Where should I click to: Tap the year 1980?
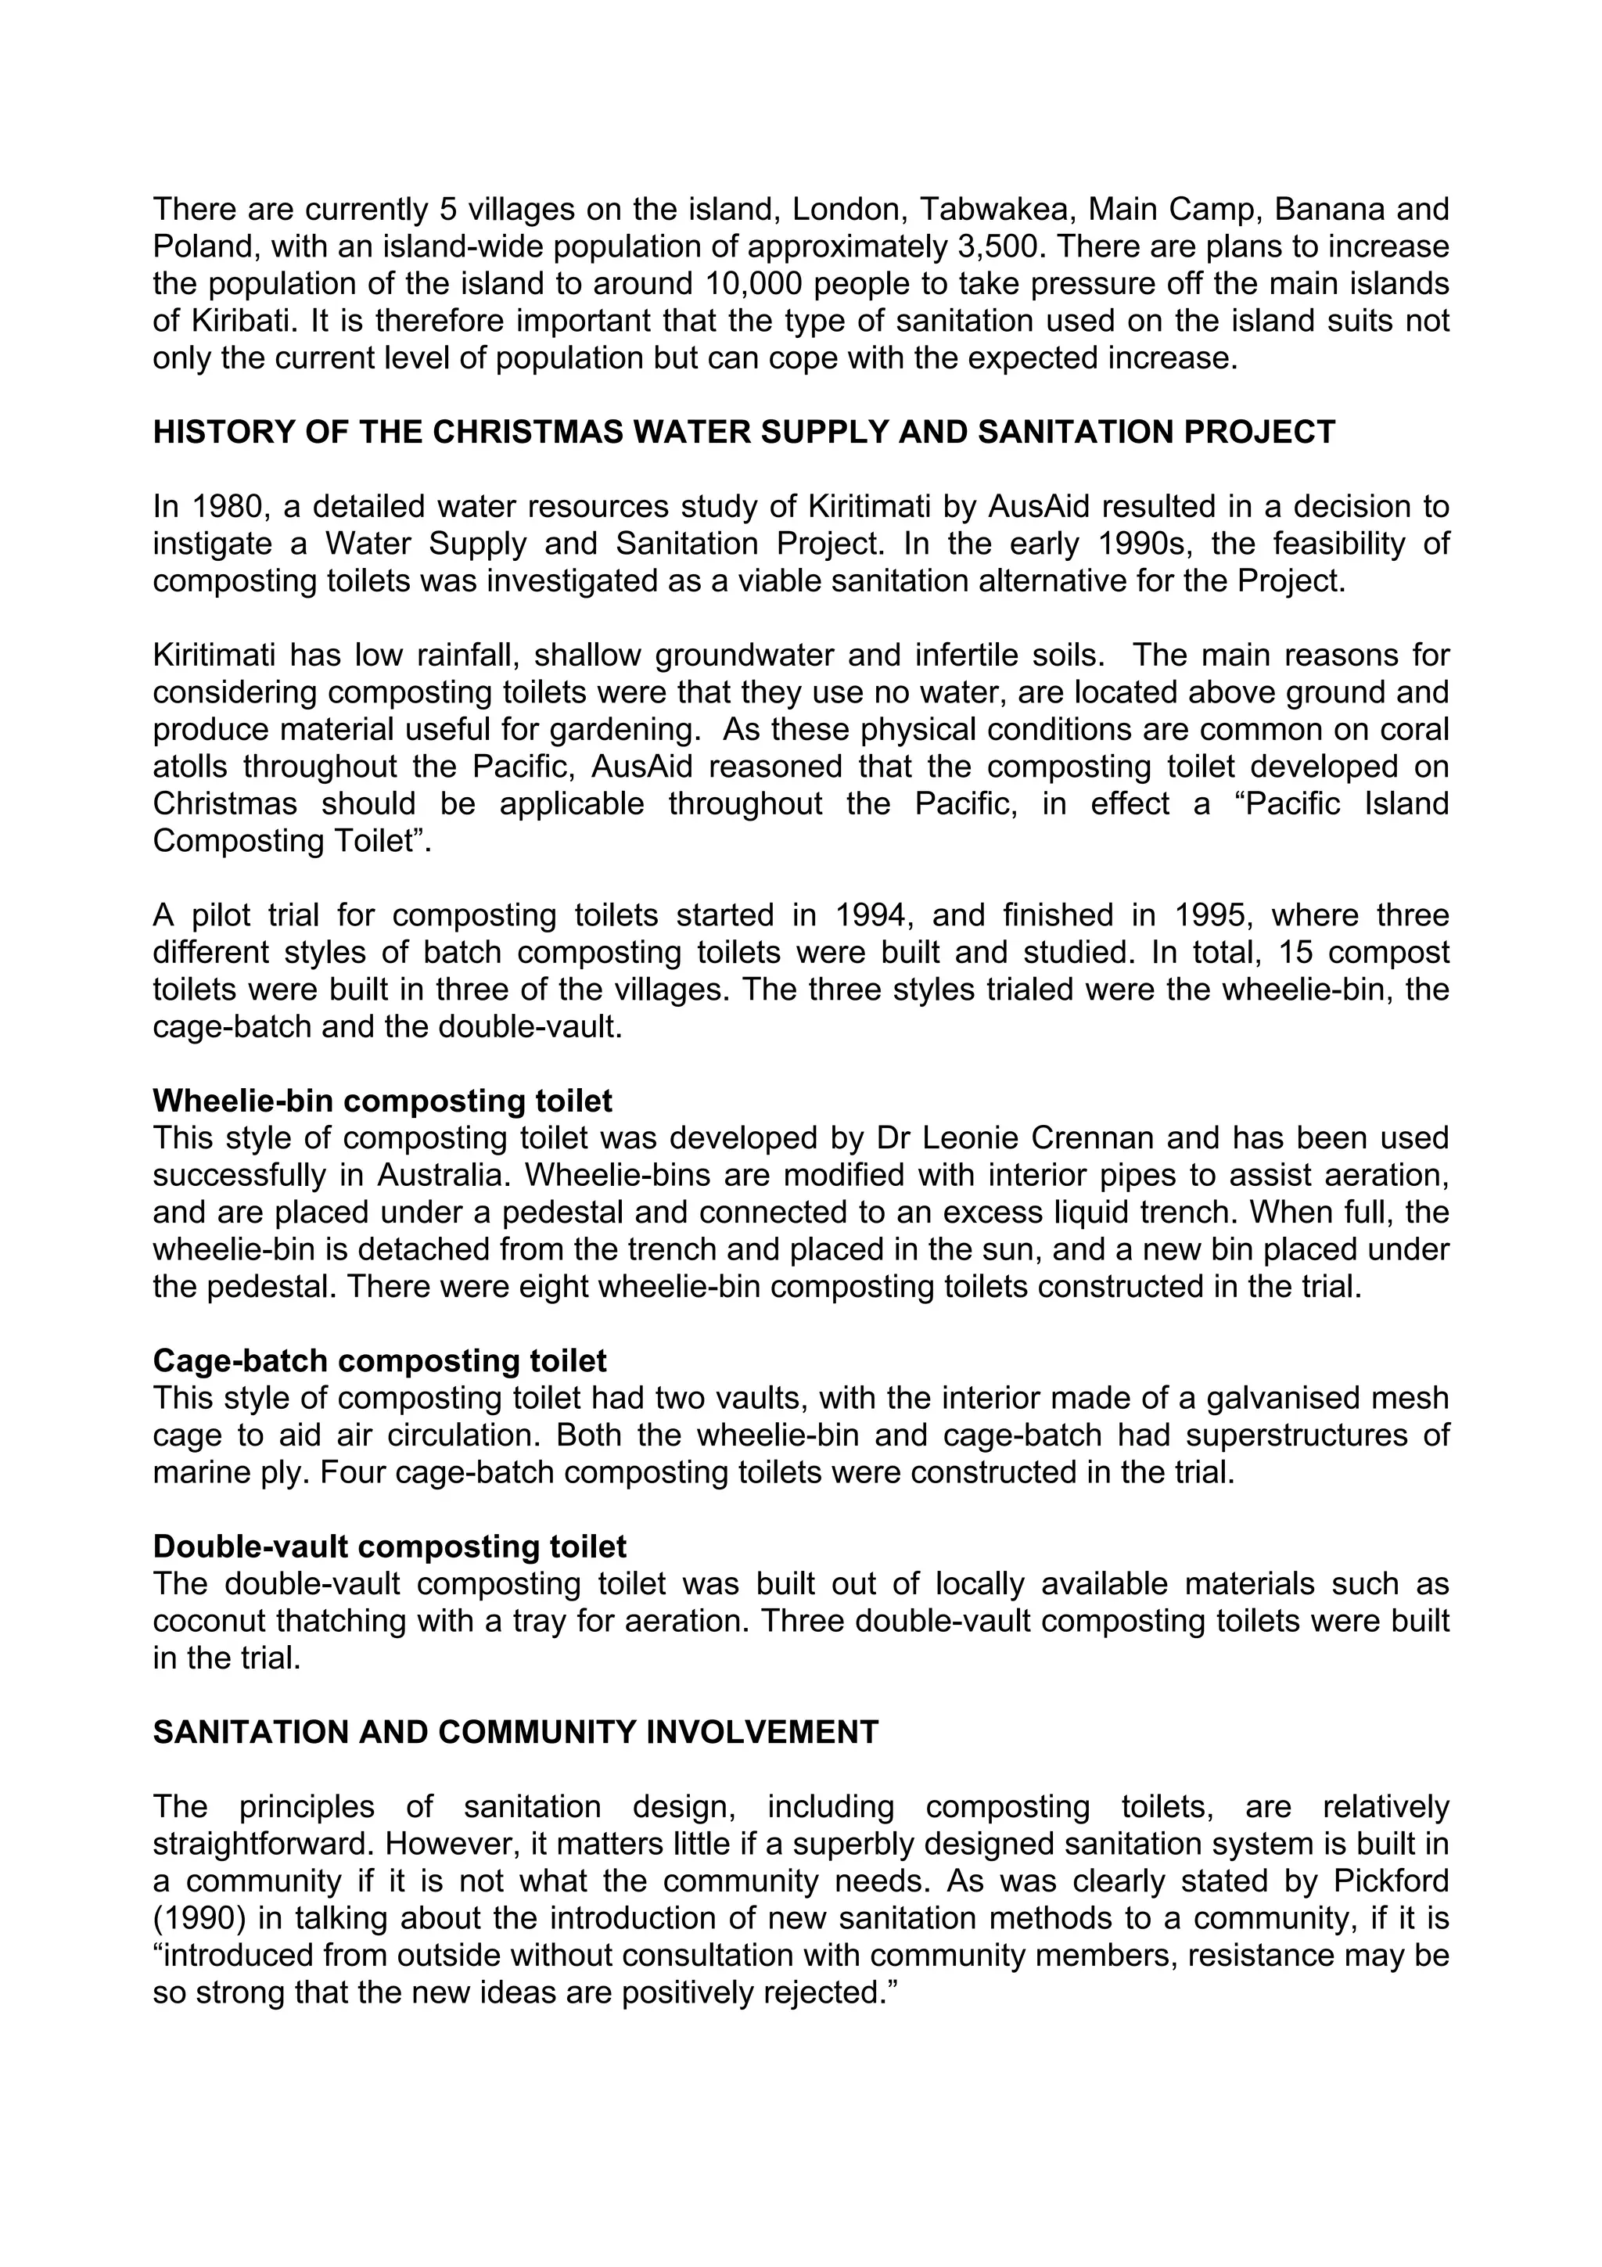point(229,507)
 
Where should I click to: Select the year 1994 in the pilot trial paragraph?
point(871,915)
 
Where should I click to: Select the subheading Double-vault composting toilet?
point(389,1547)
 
